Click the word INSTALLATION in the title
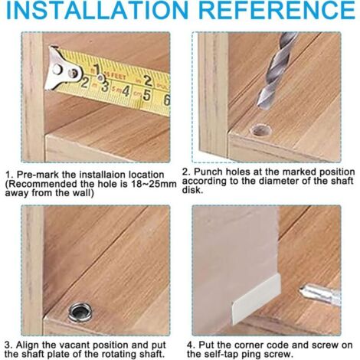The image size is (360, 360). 97,10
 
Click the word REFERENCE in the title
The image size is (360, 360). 277,10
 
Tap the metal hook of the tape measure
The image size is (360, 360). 62,69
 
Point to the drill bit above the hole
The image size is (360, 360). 277,70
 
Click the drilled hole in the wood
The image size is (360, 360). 260,129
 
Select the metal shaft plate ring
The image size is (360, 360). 80,312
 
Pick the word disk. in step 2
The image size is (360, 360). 192,190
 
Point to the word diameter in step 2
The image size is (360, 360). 277,181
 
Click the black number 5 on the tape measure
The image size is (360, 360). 146,96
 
